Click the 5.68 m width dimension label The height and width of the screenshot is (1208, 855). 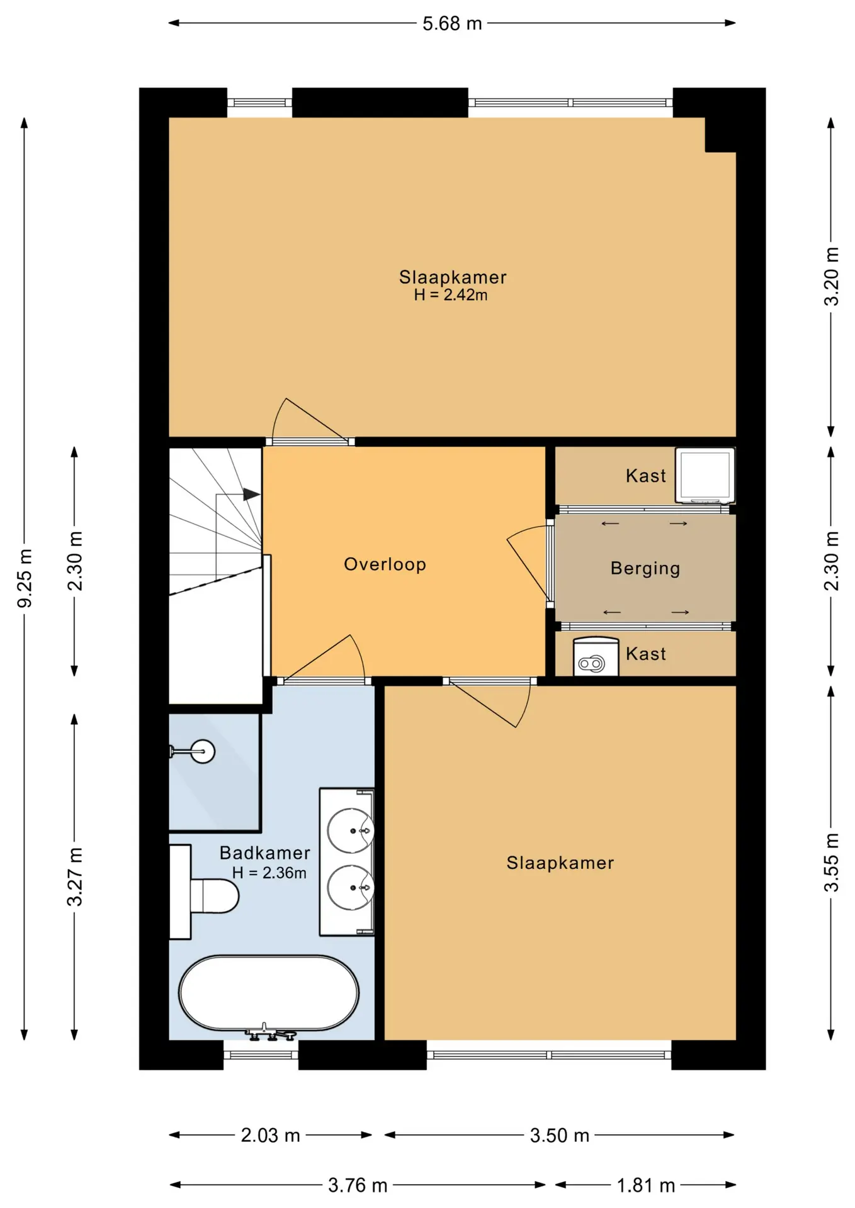pos(452,24)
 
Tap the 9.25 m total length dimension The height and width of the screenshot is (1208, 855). pos(25,578)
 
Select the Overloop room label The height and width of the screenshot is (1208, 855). pos(385,564)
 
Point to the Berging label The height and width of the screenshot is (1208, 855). pos(645,569)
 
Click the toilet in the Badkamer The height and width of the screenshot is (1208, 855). pos(205,893)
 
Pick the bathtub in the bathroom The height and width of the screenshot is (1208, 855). pos(269,993)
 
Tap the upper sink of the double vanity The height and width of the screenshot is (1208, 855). pos(351,830)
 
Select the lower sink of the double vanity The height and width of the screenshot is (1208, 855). pos(351,887)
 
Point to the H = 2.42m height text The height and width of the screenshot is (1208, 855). pos(451,295)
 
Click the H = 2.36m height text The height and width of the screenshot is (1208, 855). pos(269,873)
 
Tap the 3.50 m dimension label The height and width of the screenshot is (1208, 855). pos(559,1136)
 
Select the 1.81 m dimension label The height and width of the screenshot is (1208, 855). pos(645,1186)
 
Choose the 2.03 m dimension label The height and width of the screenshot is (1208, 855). pos(270,1136)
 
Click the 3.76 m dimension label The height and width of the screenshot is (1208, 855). pos(358,1186)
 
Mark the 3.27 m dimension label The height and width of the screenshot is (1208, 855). pos(75,876)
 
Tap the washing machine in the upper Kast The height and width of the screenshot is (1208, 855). pos(705,476)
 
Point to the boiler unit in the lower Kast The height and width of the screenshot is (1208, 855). pos(596,657)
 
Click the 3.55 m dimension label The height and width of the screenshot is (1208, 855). pos(832,863)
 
